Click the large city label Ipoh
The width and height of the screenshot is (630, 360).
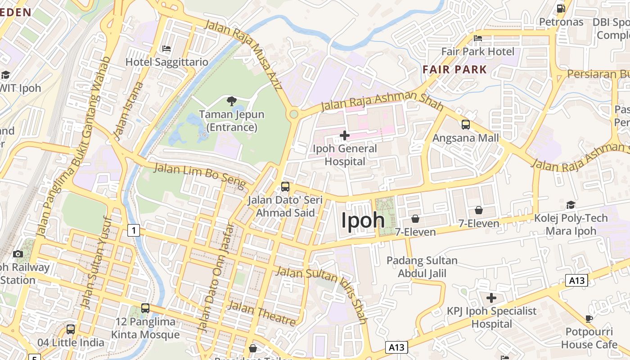(x=363, y=220)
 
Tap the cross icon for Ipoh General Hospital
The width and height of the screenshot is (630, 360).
(x=345, y=135)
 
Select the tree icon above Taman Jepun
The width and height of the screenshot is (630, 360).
(x=232, y=101)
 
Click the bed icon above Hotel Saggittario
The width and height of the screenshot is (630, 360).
(x=166, y=49)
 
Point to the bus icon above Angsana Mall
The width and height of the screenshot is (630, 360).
(x=466, y=125)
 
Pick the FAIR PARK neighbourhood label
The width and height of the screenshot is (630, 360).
(x=455, y=69)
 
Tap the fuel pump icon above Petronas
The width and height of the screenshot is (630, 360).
(x=561, y=9)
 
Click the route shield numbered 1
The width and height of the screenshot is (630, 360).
(x=133, y=231)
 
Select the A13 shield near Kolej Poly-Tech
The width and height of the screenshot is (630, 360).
(x=576, y=281)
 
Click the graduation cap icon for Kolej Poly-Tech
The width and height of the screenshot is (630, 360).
(x=571, y=205)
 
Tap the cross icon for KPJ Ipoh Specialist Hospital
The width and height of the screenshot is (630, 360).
(x=491, y=298)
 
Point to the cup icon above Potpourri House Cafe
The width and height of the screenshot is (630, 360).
(x=589, y=319)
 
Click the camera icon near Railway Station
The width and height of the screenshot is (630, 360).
(x=18, y=254)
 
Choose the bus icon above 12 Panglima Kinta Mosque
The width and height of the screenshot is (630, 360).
(x=145, y=308)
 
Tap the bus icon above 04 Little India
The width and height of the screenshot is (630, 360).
(x=71, y=329)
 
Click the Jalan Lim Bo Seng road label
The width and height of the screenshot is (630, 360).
(x=200, y=176)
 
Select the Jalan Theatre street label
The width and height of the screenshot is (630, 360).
(x=262, y=313)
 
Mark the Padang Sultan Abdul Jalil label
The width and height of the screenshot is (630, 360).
(x=422, y=267)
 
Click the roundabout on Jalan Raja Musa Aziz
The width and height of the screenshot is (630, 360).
(x=294, y=114)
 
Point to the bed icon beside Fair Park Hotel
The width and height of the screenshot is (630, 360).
(x=478, y=38)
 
